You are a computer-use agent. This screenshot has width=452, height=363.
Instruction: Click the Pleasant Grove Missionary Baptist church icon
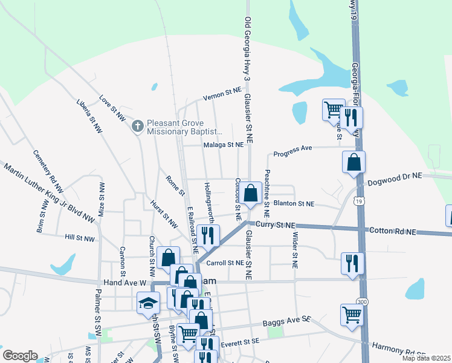coord(137,126)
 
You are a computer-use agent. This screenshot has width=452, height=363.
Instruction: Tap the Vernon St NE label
coord(222,93)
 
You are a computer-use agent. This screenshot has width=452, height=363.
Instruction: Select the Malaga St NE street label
coord(223,145)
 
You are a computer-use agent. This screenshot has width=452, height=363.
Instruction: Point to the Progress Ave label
coord(292,149)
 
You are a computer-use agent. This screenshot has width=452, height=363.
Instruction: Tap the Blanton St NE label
coord(294,204)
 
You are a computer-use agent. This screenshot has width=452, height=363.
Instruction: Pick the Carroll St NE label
coord(225,263)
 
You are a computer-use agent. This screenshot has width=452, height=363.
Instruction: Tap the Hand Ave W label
coord(125,282)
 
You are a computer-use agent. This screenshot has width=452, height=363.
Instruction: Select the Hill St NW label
coord(80,238)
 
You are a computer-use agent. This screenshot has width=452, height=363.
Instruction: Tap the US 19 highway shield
coord(360,201)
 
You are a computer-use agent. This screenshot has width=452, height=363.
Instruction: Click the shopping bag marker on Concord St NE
coord(251,194)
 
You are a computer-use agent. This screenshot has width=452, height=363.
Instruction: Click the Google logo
coord(20,356)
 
